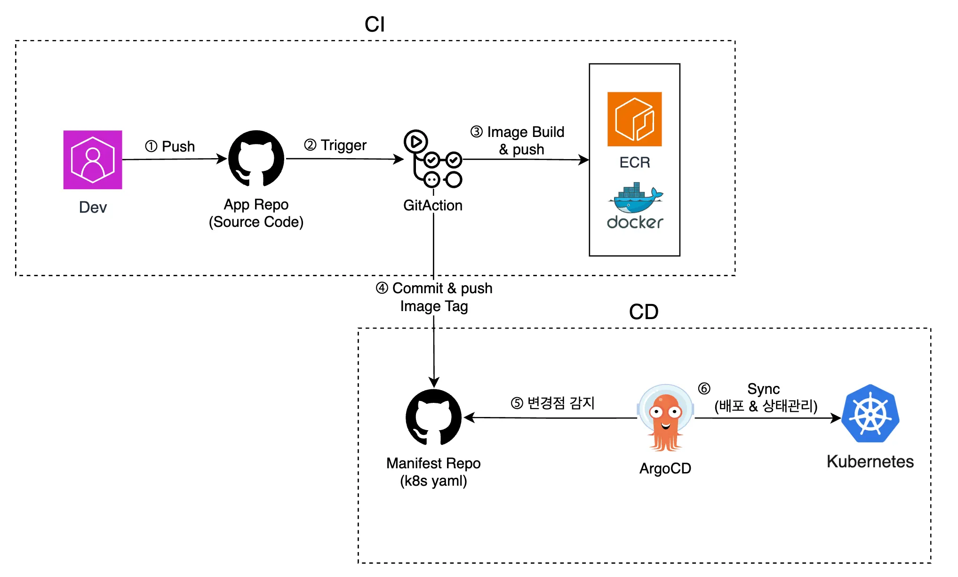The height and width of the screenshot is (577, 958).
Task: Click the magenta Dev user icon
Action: tap(93, 160)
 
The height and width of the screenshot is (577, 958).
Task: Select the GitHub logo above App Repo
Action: tap(256, 159)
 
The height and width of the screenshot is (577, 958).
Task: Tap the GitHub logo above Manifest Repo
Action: tap(433, 417)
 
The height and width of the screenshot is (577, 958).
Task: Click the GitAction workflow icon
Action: tap(433, 159)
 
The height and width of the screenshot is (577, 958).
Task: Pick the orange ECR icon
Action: tap(634, 119)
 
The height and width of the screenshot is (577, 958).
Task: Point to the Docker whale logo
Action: tap(635, 198)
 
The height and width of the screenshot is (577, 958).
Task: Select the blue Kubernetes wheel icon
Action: tap(870, 414)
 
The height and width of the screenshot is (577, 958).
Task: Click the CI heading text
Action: tap(375, 24)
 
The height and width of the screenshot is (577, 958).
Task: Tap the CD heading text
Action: tap(643, 312)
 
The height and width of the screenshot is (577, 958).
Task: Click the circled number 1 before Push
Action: tap(151, 146)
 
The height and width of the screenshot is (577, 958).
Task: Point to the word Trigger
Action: tap(343, 145)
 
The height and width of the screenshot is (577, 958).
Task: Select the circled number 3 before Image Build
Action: tap(476, 132)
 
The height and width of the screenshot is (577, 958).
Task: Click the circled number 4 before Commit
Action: tap(382, 288)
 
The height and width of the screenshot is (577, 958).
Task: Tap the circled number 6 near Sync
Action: tap(704, 388)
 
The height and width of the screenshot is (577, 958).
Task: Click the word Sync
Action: tap(763, 389)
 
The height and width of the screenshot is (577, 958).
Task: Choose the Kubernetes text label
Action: tap(870, 462)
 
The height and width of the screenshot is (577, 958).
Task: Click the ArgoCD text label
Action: tap(665, 468)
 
